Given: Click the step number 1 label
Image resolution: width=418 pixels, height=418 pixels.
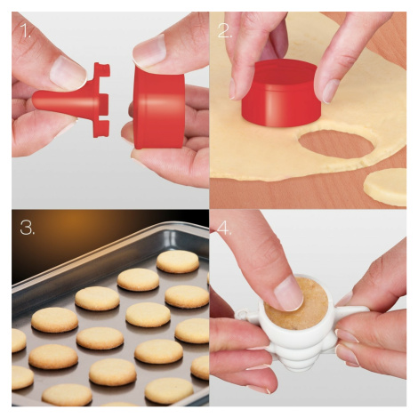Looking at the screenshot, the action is coord(25,30).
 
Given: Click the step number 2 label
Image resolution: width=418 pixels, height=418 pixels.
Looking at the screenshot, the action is coord(224,30).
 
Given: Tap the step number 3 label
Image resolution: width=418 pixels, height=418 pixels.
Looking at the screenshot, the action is coord(27,228).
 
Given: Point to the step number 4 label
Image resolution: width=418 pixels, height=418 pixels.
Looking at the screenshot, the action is coord(224,229).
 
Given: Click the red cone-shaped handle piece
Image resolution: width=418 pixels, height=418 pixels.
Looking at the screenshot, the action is coord(64,101).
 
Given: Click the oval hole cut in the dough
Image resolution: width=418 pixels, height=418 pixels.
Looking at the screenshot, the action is coord(336,143).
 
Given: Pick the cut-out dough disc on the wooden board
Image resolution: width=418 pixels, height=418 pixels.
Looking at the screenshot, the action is coord(385,187).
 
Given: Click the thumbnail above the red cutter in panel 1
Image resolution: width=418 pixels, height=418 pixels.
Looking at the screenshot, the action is coord(149,51).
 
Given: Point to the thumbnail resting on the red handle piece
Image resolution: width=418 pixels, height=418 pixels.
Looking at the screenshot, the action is coord(68,73).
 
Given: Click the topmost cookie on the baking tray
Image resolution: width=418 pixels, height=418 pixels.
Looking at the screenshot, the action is coord(178,261).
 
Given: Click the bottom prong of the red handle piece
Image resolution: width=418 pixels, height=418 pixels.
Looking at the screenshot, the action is coord(101,129).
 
